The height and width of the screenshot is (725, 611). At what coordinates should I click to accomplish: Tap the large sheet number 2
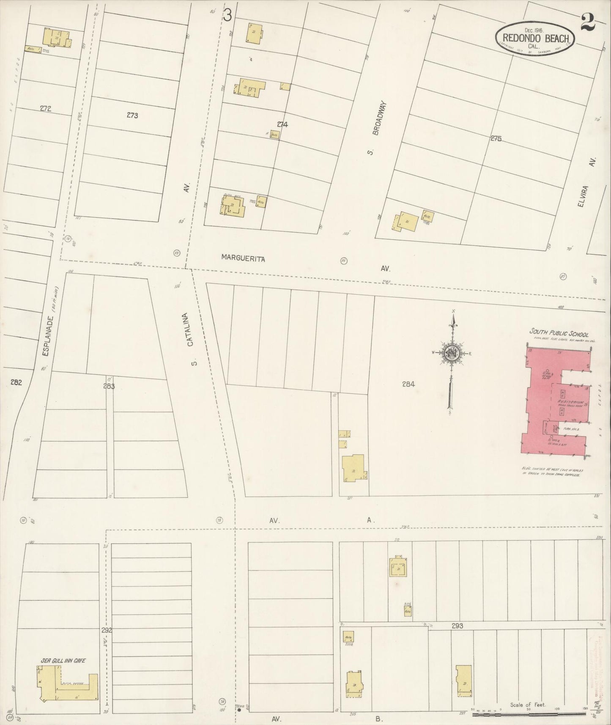[588, 22]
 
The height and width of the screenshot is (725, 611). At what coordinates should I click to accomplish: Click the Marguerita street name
[243, 259]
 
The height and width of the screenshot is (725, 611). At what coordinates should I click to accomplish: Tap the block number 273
[132, 115]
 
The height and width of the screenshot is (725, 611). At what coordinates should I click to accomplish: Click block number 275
[496, 138]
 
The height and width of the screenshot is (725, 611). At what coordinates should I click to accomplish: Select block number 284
[408, 384]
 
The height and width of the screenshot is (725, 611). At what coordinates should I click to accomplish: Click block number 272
[45, 109]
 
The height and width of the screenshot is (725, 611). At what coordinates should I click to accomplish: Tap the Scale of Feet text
[528, 705]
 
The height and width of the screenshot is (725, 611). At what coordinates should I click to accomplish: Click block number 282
[16, 382]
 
